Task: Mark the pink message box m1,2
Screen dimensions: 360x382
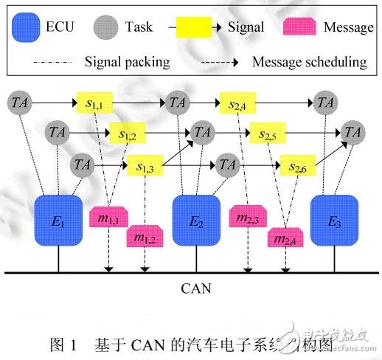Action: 145,237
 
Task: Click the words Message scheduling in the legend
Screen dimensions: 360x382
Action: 309,61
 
